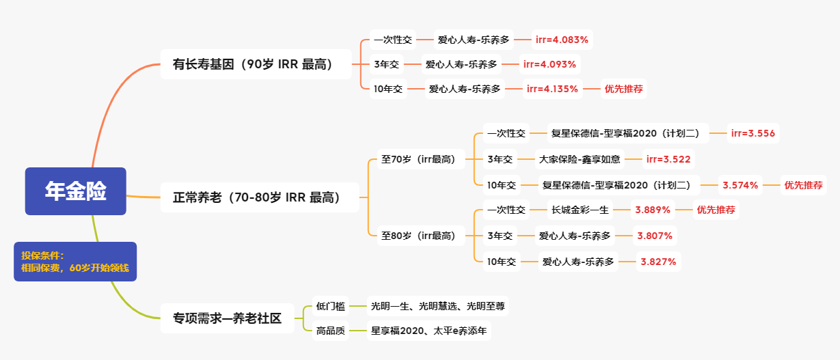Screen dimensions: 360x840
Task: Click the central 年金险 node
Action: (76, 191)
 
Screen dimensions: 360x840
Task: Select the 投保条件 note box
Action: (75, 262)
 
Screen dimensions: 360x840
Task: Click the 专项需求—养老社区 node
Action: (227, 318)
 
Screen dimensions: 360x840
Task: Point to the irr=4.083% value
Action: (562, 40)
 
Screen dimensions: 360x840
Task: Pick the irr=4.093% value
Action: (550, 64)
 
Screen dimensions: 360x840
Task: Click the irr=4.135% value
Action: (552, 89)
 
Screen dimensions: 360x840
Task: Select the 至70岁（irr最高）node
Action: (418, 160)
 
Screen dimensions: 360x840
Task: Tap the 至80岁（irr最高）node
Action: (418, 236)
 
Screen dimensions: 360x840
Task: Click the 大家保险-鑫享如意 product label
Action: (580, 160)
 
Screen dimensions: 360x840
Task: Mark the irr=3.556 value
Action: (753, 133)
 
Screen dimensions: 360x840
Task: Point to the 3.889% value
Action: (653, 210)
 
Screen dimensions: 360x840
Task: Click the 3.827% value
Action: (658, 262)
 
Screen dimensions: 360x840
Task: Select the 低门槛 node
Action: (330, 307)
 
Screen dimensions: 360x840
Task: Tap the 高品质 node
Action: (330, 331)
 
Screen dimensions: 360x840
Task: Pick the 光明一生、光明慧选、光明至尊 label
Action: (437, 307)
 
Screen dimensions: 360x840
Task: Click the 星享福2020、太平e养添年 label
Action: (429, 331)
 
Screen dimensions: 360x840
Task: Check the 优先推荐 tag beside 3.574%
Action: (803, 184)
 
